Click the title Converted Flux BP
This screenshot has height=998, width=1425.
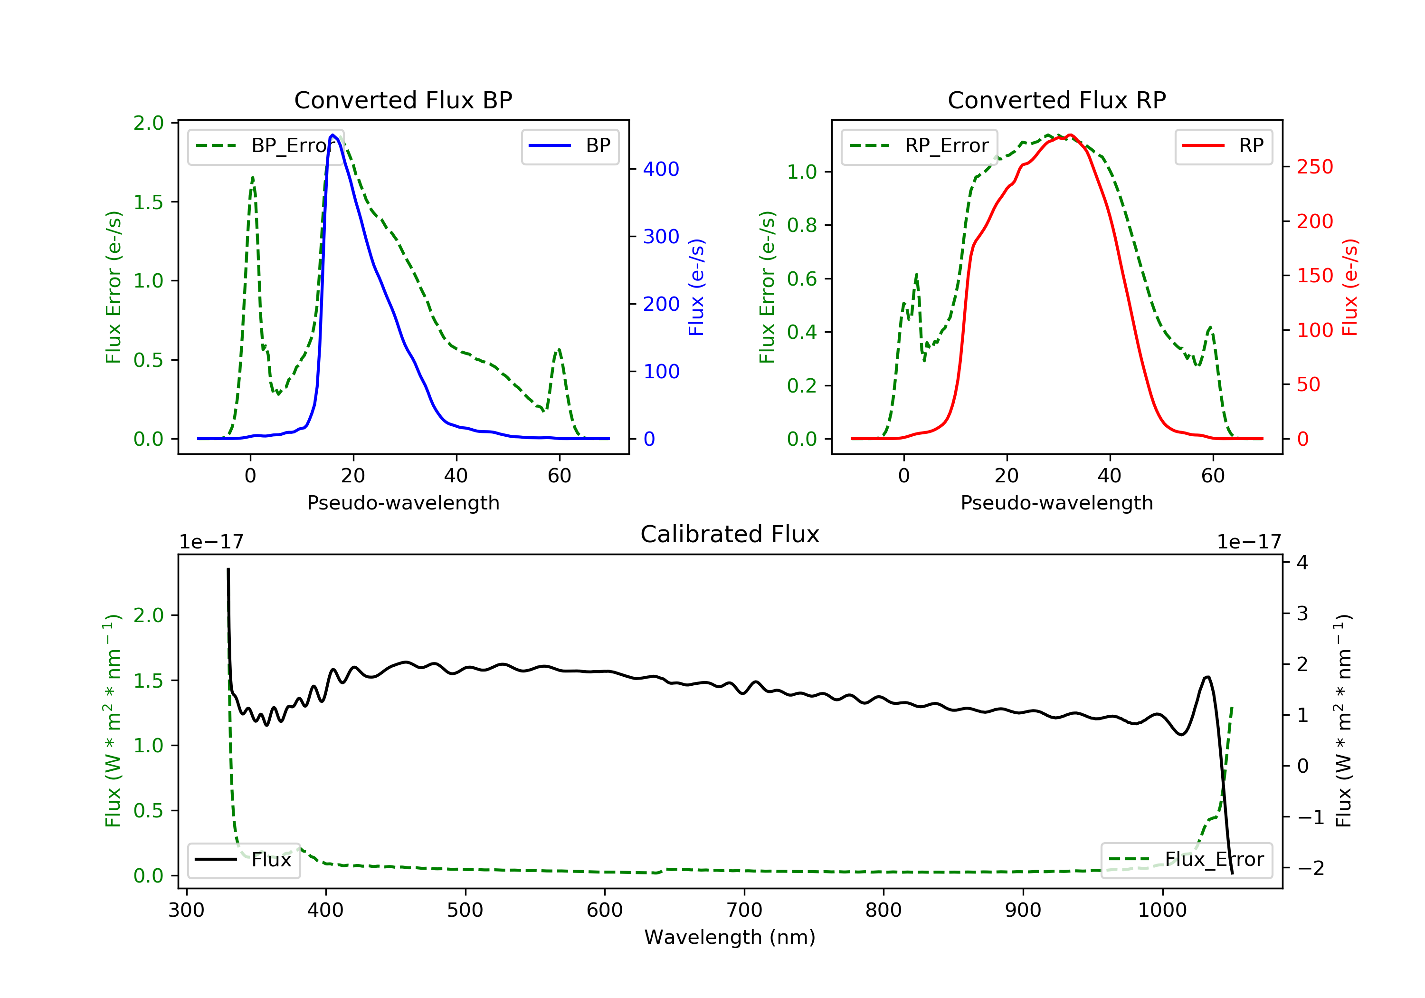coord(403,100)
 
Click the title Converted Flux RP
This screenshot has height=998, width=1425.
coord(1056,100)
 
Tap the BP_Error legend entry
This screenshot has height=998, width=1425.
coord(265,146)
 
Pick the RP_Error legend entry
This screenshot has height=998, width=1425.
coord(919,146)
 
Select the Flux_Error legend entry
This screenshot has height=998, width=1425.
coord(1186,860)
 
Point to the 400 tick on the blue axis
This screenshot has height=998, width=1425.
coord(660,169)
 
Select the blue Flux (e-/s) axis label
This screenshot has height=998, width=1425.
coord(696,287)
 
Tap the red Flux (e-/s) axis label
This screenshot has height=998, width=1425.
coord(1350,287)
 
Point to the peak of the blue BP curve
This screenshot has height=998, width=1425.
coord(333,135)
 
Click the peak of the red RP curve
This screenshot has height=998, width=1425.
coord(1070,135)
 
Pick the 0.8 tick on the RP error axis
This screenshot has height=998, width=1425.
coord(802,225)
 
